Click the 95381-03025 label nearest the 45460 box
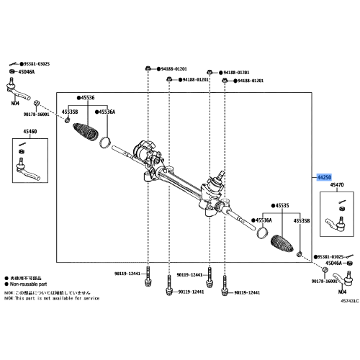[x=35, y=63]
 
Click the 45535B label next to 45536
[x=70, y=112]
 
